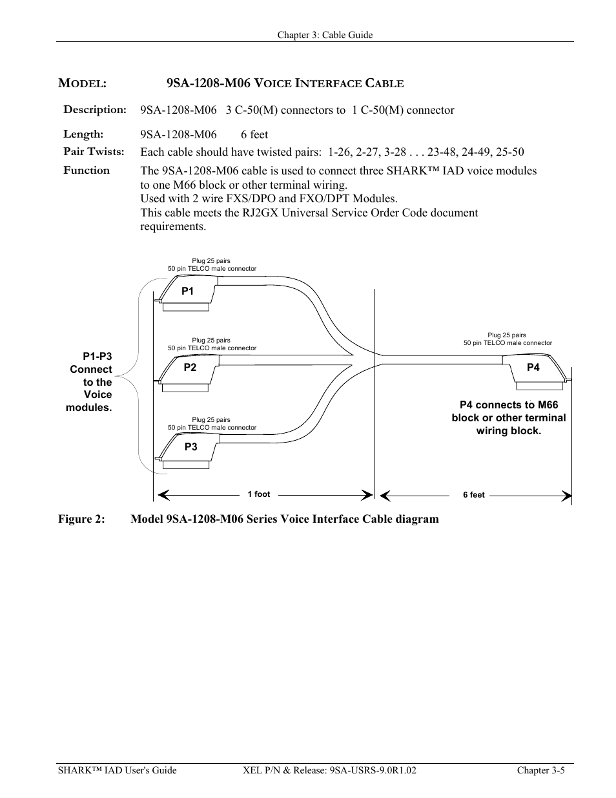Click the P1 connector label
(x=187, y=291)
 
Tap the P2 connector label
(x=190, y=368)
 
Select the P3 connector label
(x=190, y=447)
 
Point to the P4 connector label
(x=533, y=368)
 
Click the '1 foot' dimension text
(x=259, y=494)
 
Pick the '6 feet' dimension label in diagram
(x=473, y=495)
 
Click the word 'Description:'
(x=95, y=109)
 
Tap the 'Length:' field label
(x=83, y=134)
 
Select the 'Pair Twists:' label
(x=94, y=152)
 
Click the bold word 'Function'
(x=87, y=171)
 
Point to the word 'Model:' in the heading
(x=82, y=83)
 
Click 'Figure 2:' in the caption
(x=81, y=519)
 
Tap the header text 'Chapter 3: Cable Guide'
(x=325, y=35)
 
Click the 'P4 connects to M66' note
(x=509, y=405)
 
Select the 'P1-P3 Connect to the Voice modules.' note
(x=90, y=382)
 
